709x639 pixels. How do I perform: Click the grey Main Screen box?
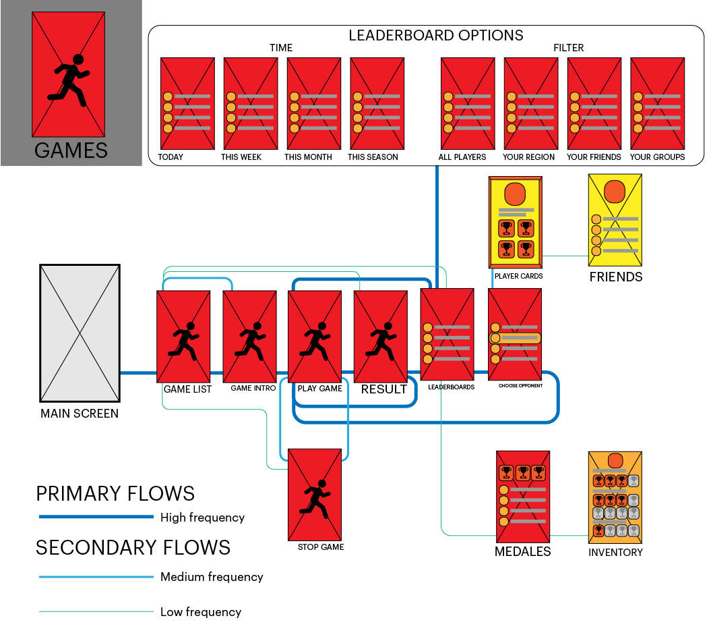(x=80, y=333)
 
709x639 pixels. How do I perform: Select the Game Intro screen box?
(x=249, y=336)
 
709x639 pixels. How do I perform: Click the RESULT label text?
(x=383, y=389)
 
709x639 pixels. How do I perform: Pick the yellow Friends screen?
(x=615, y=219)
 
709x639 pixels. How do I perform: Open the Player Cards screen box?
(x=516, y=223)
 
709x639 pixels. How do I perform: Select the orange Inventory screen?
(x=615, y=497)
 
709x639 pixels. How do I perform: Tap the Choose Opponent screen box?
(x=515, y=335)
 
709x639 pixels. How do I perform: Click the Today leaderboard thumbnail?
(x=187, y=103)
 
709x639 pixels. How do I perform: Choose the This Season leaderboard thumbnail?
(x=377, y=103)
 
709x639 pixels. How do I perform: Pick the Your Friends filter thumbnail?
(x=594, y=103)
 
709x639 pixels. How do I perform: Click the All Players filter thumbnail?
(x=467, y=103)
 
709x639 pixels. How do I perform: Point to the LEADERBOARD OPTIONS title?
(x=435, y=36)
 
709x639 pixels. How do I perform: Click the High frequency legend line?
(x=96, y=517)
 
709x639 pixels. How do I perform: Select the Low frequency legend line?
(x=96, y=612)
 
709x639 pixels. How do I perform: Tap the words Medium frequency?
(x=212, y=577)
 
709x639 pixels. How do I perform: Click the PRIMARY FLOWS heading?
(x=115, y=494)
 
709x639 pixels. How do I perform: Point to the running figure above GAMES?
(x=70, y=80)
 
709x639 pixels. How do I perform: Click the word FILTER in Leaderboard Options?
(x=568, y=48)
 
